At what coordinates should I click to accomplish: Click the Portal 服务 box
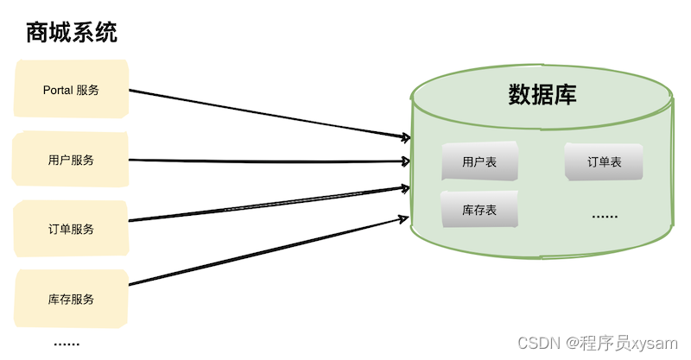[71, 90]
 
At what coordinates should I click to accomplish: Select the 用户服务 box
[71, 160]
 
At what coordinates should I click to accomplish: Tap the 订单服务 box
[71, 230]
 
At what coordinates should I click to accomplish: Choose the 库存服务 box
[71, 299]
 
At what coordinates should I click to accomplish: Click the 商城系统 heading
[72, 34]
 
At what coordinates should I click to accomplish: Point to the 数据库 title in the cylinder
[542, 95]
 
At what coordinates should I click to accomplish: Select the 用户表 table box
[479, 161]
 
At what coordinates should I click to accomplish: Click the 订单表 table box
[604, 161]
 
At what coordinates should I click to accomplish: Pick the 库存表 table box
[479, 210]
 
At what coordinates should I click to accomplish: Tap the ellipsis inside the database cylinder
[604, 215]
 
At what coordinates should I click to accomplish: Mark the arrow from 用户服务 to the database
[268, 161]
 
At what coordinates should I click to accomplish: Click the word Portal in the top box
[58, 90]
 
